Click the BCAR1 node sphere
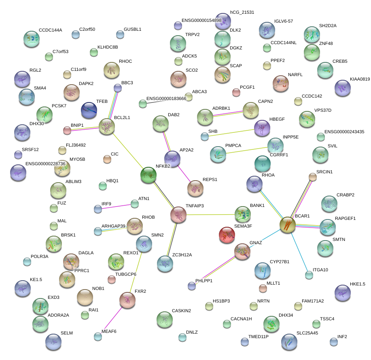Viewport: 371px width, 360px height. click(288, 225)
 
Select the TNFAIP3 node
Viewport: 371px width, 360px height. click(178, 215)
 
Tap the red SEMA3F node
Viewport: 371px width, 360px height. click(227, 235)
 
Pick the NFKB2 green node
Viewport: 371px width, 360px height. click(148, 175)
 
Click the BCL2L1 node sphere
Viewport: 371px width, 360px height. click(107, 127)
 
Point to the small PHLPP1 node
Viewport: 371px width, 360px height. click(191, 286)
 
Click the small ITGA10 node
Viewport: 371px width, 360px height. click(309, 275)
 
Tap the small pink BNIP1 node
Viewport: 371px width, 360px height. click(67, 130)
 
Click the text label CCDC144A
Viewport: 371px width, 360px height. click(51, 30)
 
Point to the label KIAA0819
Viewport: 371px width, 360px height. click(360, 79)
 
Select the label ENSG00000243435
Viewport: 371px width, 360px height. click(344, 132)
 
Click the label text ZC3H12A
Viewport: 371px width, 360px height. click(182, 255)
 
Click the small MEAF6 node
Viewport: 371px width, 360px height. click(98, 336)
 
